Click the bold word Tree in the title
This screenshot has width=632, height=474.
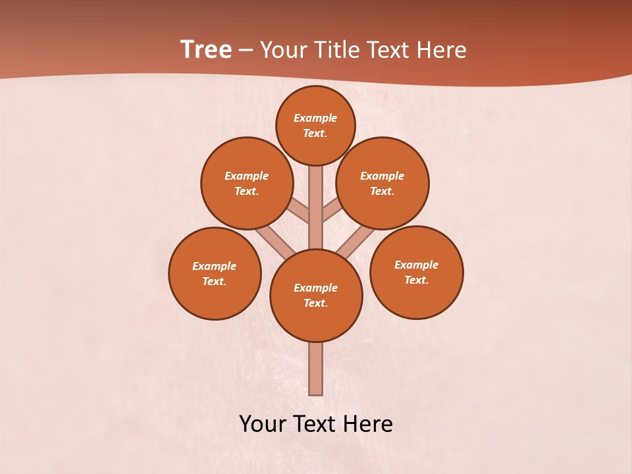[206, 50]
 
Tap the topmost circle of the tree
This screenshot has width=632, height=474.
[315, 125]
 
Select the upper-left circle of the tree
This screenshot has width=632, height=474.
[247, 183]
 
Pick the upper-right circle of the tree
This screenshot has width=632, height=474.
[382, 183]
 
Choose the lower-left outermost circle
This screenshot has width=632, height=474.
[215, 273]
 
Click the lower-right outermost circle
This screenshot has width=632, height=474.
[416, 272]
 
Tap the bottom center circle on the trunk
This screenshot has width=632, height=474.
[316, 295]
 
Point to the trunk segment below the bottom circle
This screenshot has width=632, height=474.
[316, 369]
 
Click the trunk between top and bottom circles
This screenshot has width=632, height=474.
[316, 207]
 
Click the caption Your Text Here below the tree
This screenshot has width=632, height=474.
[316, 423]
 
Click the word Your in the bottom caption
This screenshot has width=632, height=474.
[261, 423]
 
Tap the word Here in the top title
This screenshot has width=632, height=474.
[442, 50]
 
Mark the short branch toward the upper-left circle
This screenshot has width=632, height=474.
[300, 211]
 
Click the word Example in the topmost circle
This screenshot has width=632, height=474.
[315, 118]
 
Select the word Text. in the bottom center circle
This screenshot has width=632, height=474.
[315, 303]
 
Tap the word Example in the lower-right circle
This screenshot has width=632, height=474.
[416, 265]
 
